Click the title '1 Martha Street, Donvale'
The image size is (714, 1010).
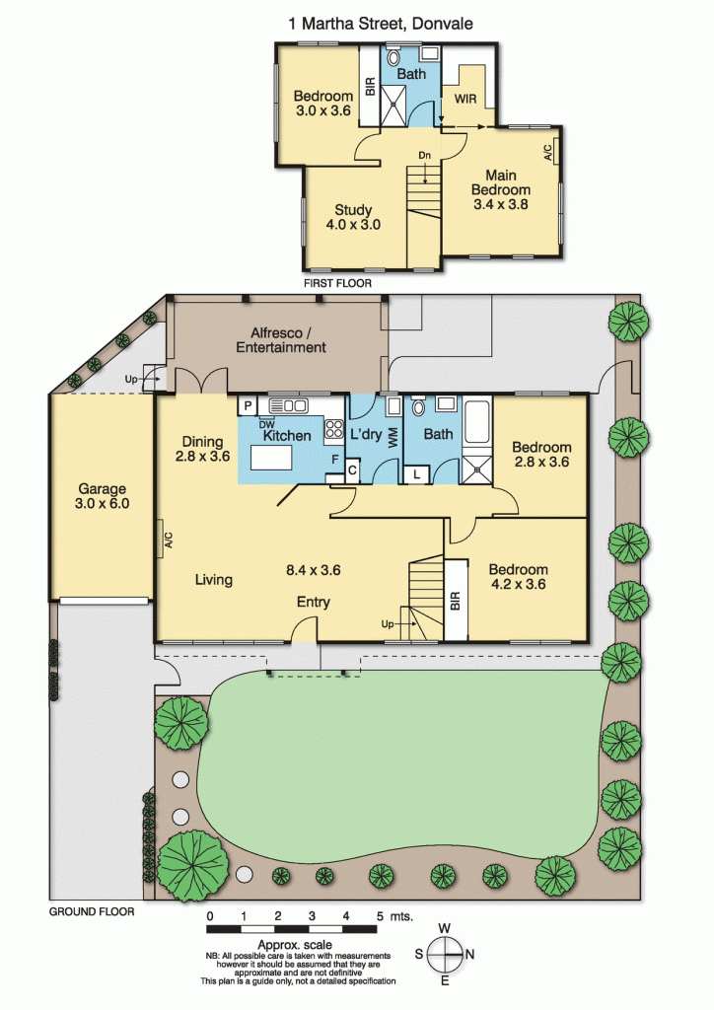(381, 24)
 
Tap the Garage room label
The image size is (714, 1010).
(102, 489)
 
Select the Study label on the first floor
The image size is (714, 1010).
(353, 210)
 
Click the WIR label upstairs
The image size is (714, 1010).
(465, 99)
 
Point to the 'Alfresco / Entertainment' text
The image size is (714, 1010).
(281, 340)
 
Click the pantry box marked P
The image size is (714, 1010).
(248, 405)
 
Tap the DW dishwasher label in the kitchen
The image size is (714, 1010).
(266, 424)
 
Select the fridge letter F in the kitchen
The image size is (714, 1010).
(334, 460)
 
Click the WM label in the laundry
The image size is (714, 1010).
(393, 439)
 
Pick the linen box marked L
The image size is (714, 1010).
(416, 474)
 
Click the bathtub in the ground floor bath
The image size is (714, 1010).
(477, 422)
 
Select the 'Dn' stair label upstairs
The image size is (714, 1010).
(424, 155)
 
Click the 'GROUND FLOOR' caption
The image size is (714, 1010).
(92, 911)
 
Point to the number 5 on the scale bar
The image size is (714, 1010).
(380, 916)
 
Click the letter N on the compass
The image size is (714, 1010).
(470, 954)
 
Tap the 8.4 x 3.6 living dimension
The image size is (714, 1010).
(313, 570)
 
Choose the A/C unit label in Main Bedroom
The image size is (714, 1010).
(548, 152)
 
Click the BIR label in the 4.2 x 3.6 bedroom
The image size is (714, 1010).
(456, 601)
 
